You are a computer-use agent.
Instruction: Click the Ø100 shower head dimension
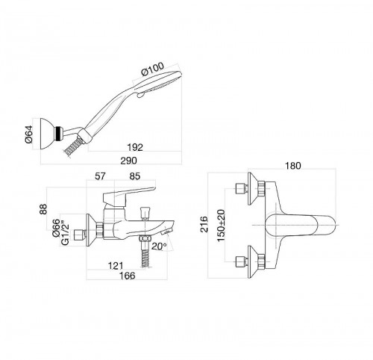[x=153, y=69]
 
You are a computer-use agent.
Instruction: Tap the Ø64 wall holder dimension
[x=29, y=134]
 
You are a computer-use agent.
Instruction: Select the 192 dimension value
[x=135, y=147]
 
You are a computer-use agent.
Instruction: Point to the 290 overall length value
[x=128, y=161]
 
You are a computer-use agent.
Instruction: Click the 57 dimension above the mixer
[x=101, y=176]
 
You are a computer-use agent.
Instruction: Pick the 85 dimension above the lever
[x=135, y=176]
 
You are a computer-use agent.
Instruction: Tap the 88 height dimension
[x=43, y=209]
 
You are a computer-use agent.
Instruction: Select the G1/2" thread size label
[x=65, y=233]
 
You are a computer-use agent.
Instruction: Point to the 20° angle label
[x=159, y=246]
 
